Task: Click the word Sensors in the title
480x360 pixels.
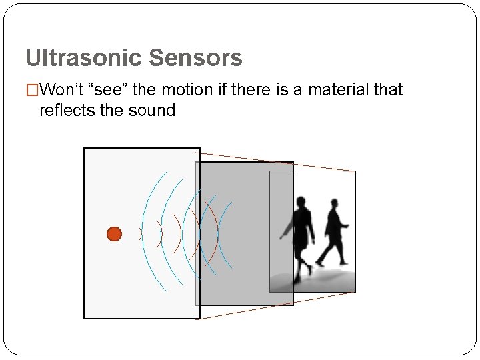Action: tap(195, 58)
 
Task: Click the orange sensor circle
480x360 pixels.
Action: tap(114, 234)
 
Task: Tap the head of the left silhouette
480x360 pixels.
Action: tap(302, 201)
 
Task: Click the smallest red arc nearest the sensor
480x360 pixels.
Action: tap(141, 234)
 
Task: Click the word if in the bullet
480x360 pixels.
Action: tap(223, 90)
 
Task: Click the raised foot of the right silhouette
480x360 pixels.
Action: tap(319, 261)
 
